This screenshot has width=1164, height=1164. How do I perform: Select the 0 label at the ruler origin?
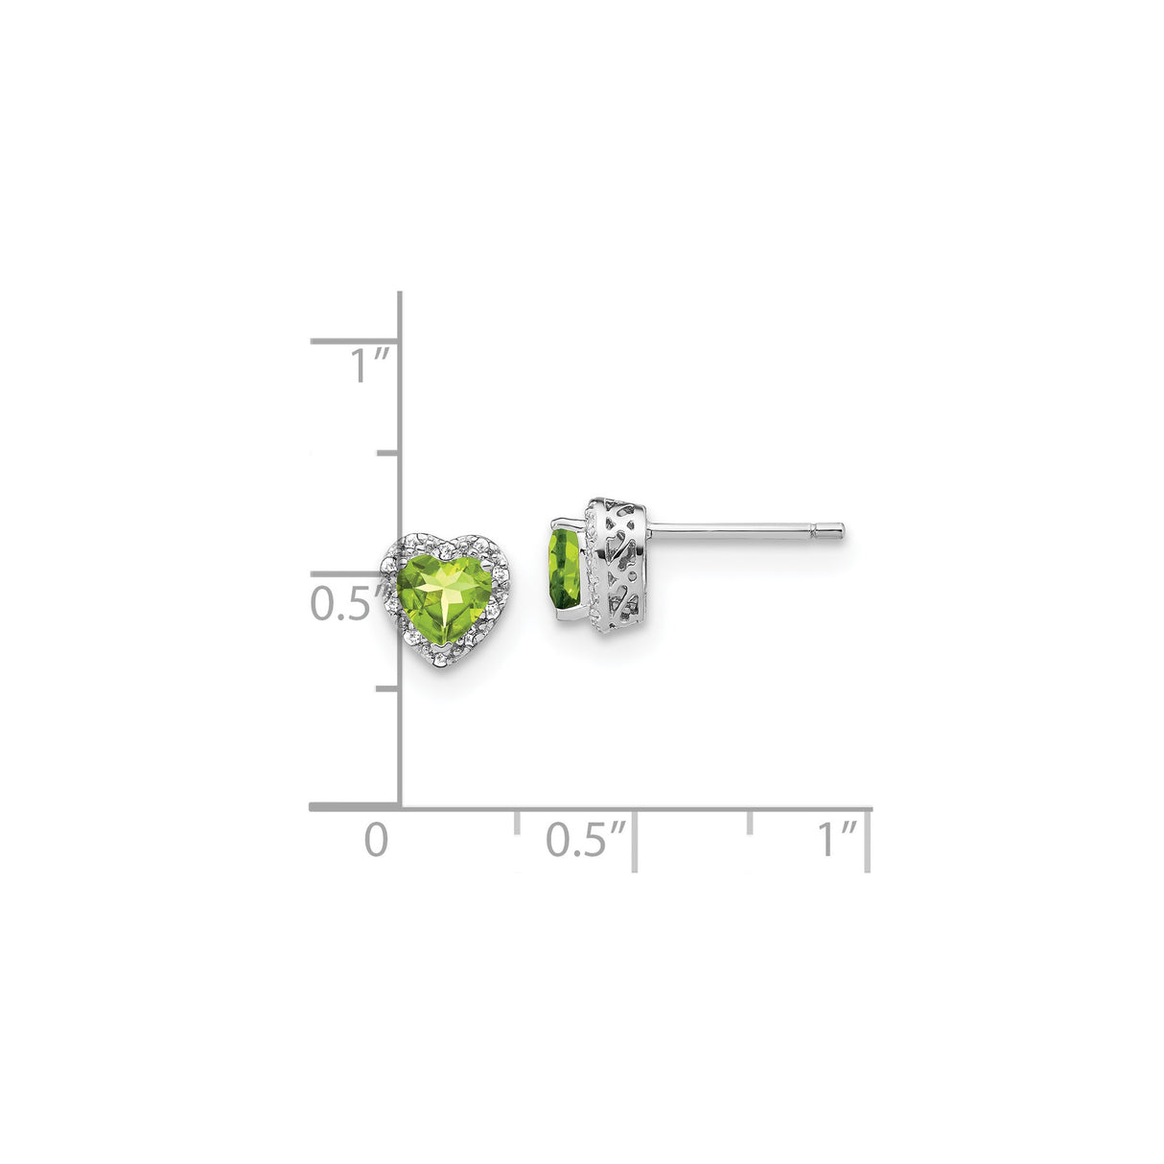tap(377, 840)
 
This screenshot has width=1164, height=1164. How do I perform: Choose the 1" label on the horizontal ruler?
tap(836, 840)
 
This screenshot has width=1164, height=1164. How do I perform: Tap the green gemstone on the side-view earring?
tap(562, 571)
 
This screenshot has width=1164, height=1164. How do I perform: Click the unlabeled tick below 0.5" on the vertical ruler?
tap(388, 688)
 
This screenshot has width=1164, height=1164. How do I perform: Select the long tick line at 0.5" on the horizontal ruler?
tap(634, 840)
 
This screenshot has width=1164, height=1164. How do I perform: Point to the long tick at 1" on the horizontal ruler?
tap(868, 840)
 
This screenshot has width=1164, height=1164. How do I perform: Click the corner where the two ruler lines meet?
tap(399, 808)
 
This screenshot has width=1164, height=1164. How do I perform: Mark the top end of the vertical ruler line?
tap(399, 294)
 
